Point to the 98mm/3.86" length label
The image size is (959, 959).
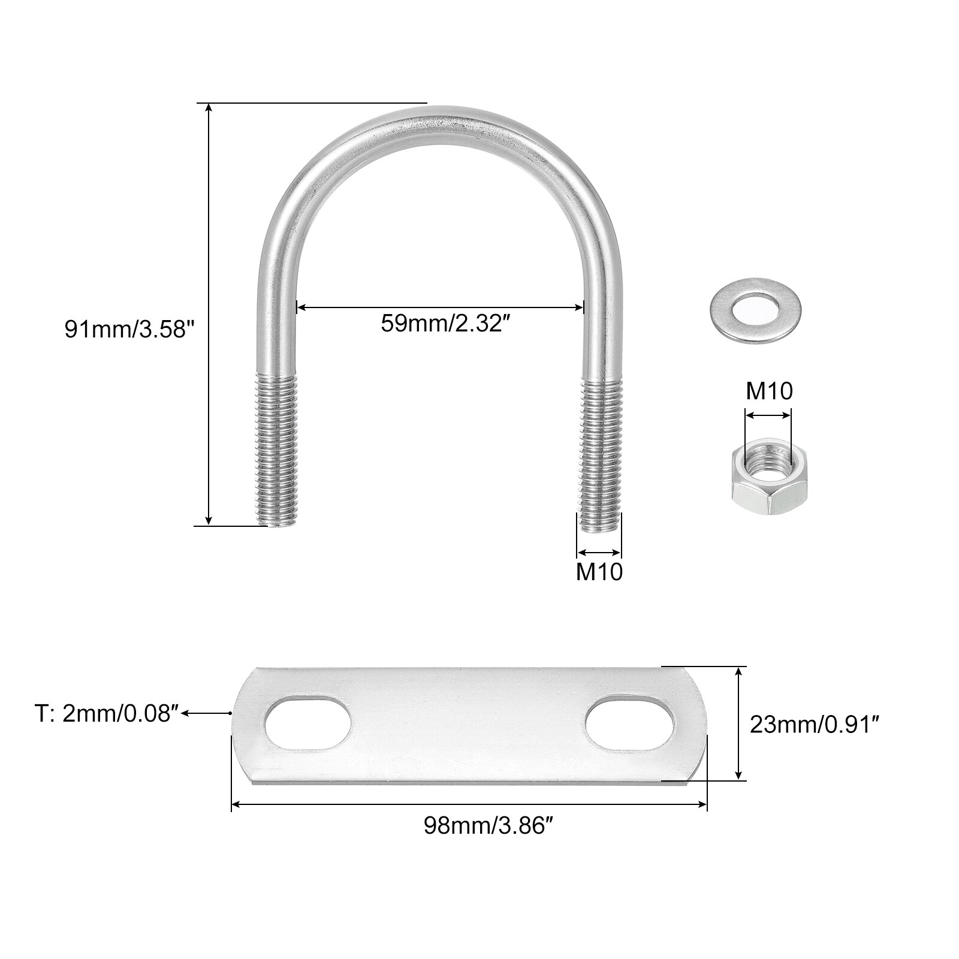(x=487, y=827)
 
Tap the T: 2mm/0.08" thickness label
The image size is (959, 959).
(x=107, y=714)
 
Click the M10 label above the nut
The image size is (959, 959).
(x=769, y=391)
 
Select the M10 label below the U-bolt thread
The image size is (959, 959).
(x=599, y=572)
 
